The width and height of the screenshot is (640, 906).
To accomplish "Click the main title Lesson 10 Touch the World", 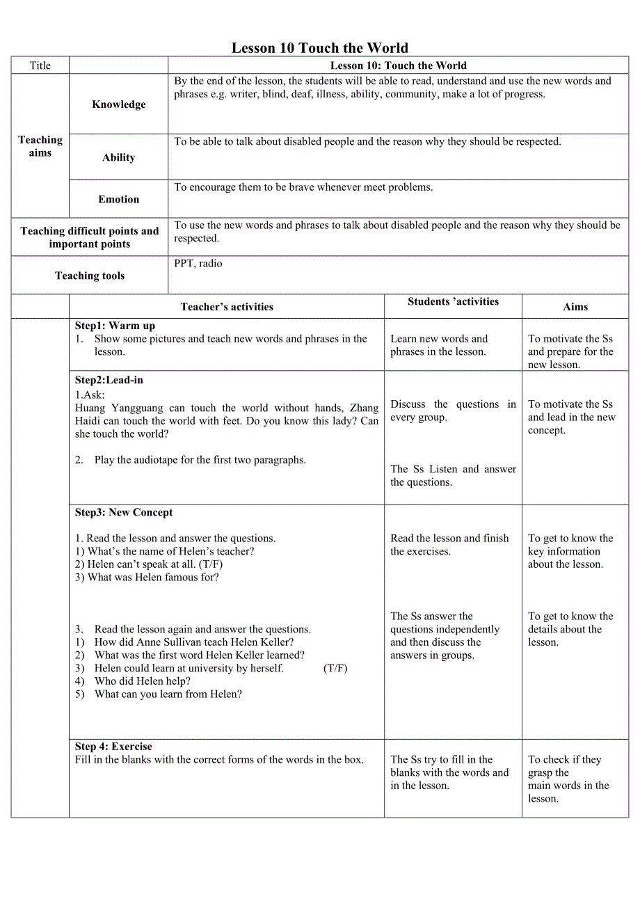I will click(319, 48).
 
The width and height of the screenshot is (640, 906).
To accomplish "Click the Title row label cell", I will click(40, 65).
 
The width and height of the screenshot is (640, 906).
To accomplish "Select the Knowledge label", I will click(119, 104).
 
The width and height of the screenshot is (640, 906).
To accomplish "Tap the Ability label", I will click(119, 157).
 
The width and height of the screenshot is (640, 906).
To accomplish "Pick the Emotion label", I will click(119, 199).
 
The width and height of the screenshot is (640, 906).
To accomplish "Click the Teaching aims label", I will click(40, 146).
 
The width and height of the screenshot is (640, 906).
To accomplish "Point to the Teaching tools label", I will click(90, 276).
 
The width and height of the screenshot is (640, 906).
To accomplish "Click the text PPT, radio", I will click(198, 264).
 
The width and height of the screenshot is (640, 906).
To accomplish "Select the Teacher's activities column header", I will click(227, 307).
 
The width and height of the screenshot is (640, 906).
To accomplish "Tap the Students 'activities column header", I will click(453, 301).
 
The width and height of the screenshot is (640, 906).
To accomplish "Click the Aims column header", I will click(575, 307).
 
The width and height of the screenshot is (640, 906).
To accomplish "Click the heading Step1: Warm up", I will click(115, 326).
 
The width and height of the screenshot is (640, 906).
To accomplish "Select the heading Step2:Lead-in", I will click(109, 380).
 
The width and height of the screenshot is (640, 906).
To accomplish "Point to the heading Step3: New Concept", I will click(124, 512).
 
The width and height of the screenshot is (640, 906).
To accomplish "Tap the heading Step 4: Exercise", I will click(113, 746).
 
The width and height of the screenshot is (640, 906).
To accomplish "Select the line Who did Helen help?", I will click(143, 681).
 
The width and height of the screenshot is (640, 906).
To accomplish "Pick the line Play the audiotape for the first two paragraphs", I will click(200, 459).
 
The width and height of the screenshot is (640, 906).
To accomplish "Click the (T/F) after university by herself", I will click(335, 668).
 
